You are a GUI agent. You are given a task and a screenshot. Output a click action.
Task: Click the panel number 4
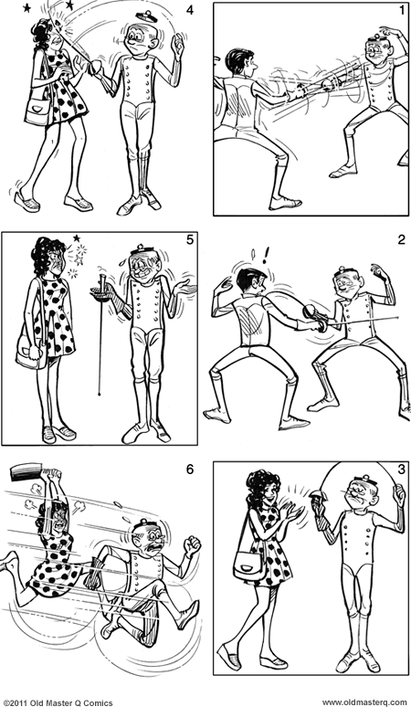coord(190,10)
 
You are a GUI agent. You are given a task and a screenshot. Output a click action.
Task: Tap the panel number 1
coord(402,10)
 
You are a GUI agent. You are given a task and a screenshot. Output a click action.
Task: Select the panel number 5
coord(190,240)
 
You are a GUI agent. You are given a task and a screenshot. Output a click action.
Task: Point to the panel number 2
coord(402,240)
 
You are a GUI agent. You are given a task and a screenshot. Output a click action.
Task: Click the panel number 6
coord(190,470)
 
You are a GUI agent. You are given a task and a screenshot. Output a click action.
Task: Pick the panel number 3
coord(402,470)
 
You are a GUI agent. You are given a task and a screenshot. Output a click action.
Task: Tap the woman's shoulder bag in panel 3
coord(248,564)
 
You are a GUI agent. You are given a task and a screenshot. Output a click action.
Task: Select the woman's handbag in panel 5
coord(32,355)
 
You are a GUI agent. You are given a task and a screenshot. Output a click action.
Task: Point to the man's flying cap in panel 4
coord(146,16)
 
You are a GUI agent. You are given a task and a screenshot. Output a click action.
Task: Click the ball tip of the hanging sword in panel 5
coord(99,394)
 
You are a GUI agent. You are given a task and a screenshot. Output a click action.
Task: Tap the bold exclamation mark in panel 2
coord(266,255)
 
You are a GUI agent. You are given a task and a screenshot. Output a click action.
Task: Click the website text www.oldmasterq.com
coord(364,702)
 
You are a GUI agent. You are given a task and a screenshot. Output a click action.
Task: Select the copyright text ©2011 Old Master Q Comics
coord(58,702)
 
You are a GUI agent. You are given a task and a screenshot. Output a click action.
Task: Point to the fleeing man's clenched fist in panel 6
coord(193,546)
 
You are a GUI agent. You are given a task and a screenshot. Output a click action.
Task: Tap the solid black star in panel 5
coord(77,237)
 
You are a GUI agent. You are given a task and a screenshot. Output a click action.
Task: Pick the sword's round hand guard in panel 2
coord(311,311)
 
